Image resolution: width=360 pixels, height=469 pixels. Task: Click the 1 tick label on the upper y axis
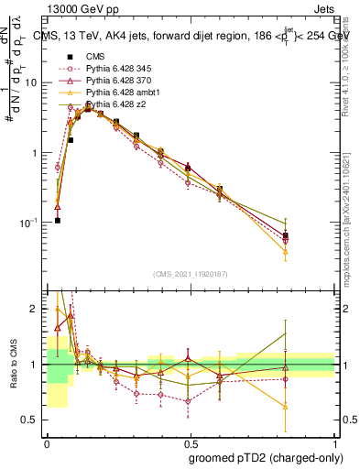click(x=37, y=153)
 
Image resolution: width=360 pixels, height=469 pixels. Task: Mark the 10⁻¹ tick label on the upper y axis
click(x=33, y=223)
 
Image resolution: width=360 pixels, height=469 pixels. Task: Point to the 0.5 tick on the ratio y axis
click(x=33, y=421)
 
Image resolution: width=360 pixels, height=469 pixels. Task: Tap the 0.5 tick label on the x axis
click(x=191, y=442)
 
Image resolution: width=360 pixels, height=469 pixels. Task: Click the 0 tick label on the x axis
click(x=47, y=442)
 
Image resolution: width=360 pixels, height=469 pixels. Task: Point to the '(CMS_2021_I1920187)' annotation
click(x=190, y=274)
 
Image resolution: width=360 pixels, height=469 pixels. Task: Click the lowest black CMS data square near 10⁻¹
click(x=57, y=221)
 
